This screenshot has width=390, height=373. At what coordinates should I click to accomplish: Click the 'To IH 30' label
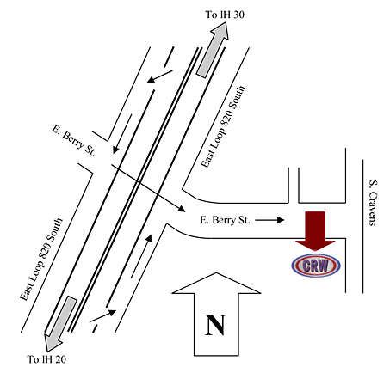225,15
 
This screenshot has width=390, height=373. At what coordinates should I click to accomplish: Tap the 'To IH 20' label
46,359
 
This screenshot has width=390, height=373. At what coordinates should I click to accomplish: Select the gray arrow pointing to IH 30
213,49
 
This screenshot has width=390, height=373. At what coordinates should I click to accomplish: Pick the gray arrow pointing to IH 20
60,324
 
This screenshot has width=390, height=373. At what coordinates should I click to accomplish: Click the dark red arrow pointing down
315,231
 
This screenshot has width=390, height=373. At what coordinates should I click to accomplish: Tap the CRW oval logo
316,266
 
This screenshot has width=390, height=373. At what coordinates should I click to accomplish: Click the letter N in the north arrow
215,325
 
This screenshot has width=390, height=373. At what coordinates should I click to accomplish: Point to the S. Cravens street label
373,203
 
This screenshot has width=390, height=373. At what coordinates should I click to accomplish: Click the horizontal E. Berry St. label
225,220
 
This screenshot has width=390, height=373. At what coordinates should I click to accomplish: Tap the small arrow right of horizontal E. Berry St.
269,220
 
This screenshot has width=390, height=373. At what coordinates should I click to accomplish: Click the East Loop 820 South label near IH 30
223,126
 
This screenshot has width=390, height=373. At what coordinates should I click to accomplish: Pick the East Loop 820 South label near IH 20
40,260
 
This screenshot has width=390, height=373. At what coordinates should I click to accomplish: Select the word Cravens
373,208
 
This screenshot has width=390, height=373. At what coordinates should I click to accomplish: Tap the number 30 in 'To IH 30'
238,15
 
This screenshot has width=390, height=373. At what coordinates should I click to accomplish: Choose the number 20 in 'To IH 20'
60,359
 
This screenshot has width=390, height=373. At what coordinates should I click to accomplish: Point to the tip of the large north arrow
216,272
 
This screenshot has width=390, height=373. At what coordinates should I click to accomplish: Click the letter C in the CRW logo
306,266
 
